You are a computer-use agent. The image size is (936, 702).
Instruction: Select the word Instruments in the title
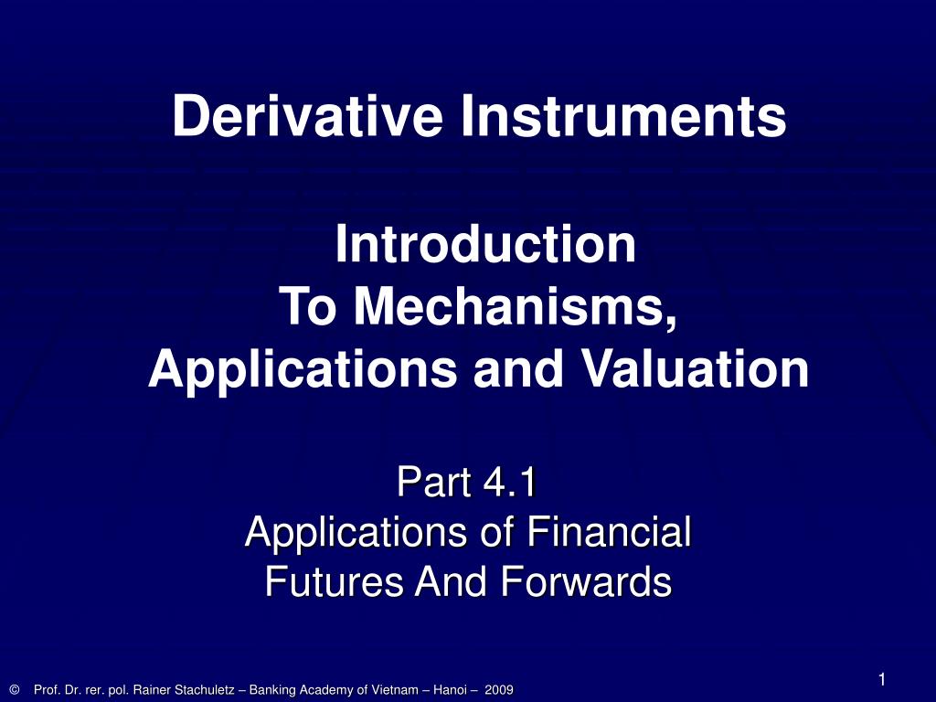[x=623, y=116]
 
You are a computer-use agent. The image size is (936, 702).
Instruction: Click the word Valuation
[x=696, y=368]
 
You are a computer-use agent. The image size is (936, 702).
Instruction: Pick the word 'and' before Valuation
[x=518, y=368]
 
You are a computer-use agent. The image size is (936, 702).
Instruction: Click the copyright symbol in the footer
[x=15, y=689]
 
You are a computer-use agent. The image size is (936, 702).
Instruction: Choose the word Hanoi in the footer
[x=450, y=690]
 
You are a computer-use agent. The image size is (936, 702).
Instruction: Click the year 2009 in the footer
[x=499, y=690]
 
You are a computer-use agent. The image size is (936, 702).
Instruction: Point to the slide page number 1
[x=882, y=679]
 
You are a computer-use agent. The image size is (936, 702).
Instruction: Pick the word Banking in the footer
[x=271, y=690]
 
